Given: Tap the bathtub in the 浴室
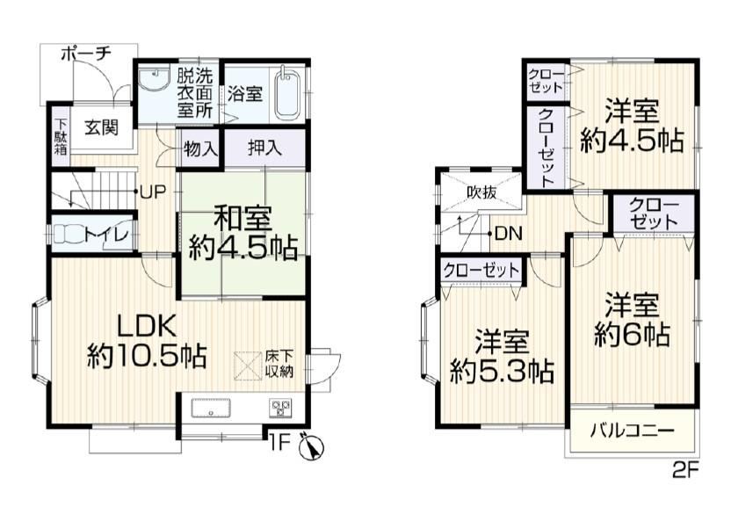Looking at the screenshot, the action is tap(286, 95).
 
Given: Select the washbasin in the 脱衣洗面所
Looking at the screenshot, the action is tap(154, 80).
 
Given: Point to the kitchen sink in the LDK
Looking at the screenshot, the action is tap(211, 409).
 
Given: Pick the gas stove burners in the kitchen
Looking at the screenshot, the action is tap(279, 408).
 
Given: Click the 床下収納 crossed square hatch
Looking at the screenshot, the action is tap(248, 366).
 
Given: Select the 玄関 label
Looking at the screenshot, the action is tap(102, 127).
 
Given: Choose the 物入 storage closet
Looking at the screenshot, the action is tap(200, 149).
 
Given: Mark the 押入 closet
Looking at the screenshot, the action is tap(264, 148).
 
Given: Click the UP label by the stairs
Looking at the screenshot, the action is tap(153, 192).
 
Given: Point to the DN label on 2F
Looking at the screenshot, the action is tap(508, 233).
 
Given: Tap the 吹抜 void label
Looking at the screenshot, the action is tap(482, 192).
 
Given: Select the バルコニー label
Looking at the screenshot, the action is tap(632, 430).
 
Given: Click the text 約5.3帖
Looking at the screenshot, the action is tap(502, 371).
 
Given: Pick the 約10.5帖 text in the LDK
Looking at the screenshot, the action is tap(147, 357).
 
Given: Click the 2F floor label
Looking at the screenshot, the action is tap(684, 471).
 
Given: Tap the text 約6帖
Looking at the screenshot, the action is tap(633, 334).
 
